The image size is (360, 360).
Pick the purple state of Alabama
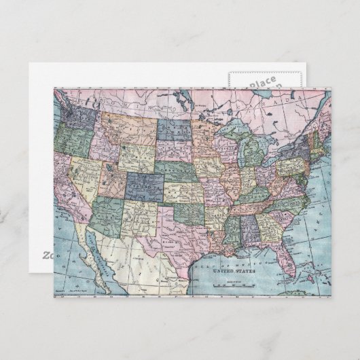pyautogui.click(x=251, y=228)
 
